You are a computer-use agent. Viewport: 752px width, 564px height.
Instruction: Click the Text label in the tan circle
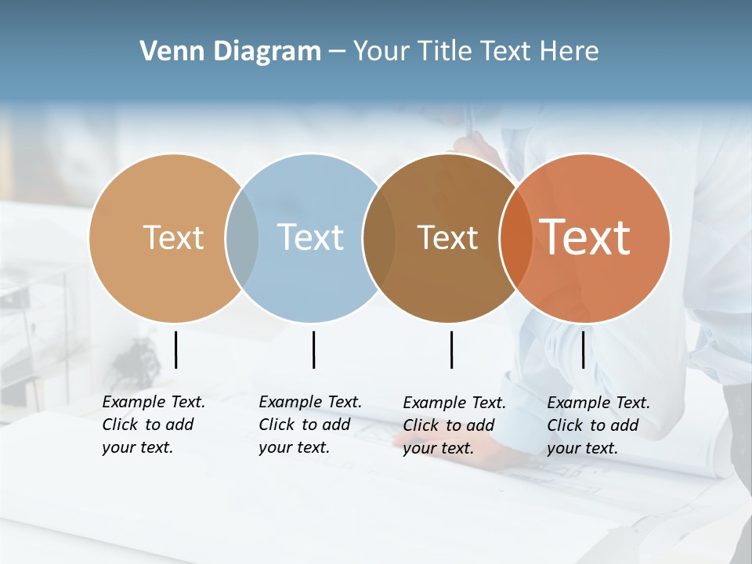pos(173,237)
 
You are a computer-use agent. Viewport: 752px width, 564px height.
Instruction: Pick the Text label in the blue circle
pos(310,237)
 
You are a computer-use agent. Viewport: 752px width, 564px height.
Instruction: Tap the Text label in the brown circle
pos(447,237)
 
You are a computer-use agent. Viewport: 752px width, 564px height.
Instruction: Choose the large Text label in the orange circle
pos(585,237)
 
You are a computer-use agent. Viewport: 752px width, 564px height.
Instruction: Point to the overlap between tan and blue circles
pos(242,237)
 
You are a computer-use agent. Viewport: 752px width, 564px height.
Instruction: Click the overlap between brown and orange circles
pos(515,237)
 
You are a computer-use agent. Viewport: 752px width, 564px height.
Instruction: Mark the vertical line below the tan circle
pos(175,349)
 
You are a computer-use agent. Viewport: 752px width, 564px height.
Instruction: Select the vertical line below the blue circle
pos(313,349)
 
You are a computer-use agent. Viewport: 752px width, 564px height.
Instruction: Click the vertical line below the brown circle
pos(452,349)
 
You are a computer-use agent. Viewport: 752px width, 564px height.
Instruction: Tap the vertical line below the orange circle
pos(583,349)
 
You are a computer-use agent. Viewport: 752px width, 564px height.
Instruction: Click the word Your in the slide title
pos(378,52)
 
